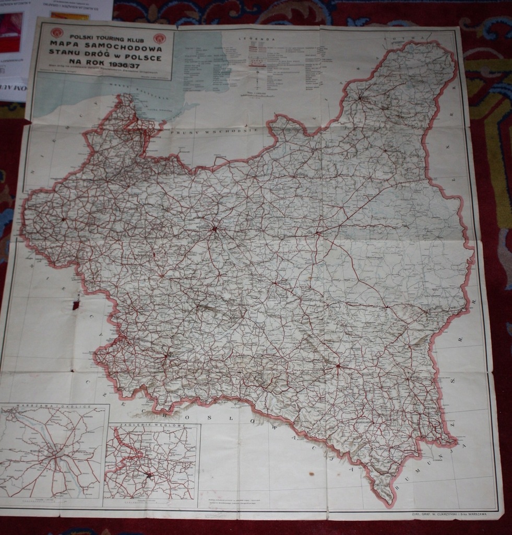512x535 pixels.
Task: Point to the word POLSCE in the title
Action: [141, 57]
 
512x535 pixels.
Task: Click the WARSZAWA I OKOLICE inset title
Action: [55, 406]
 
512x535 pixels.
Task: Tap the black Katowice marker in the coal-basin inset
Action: [149, 475]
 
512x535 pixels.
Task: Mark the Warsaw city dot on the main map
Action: [214, 228]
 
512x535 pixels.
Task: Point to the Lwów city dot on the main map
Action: [338, 366]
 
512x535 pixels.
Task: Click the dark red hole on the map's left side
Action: [76, 304]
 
